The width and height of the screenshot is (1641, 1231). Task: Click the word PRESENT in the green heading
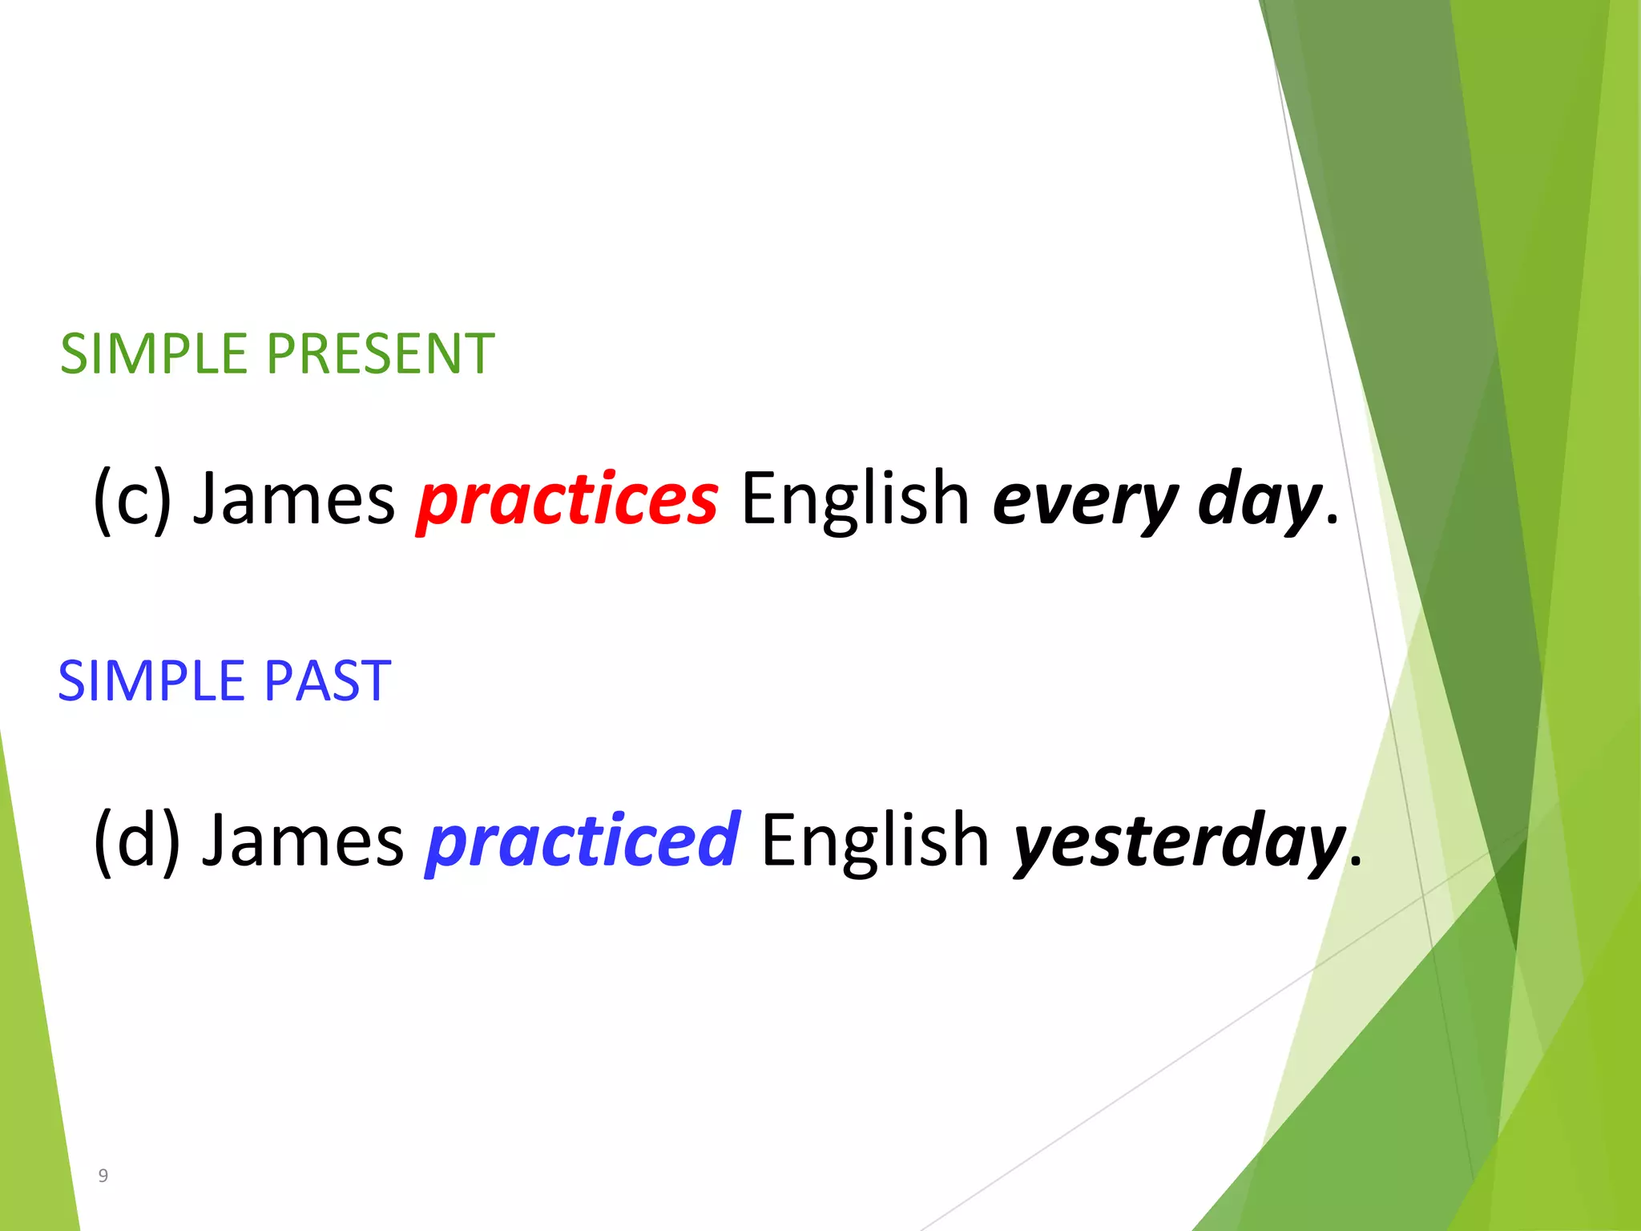click(380, 354)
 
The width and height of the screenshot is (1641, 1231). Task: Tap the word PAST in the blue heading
click(327, 681)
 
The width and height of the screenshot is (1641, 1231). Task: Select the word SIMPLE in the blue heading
click(151, 681)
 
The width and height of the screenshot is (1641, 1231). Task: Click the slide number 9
click(103, 1176)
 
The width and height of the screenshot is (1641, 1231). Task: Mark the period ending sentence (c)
click(1332, 522)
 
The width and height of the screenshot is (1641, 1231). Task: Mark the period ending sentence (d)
click(1355, 863)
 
